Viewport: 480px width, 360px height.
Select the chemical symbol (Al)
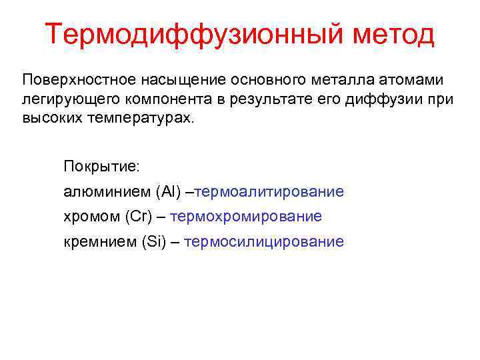[167, 192]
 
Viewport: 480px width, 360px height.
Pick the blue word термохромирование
[246, 217]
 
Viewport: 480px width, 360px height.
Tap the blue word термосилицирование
[263, 241]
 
